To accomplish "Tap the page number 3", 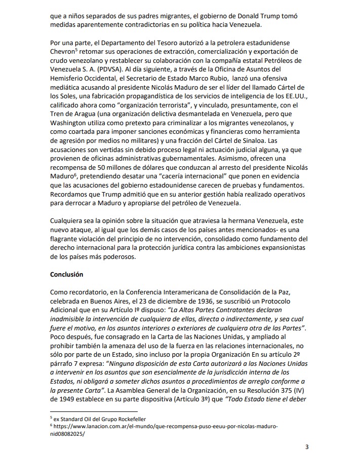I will pos(306,446).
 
